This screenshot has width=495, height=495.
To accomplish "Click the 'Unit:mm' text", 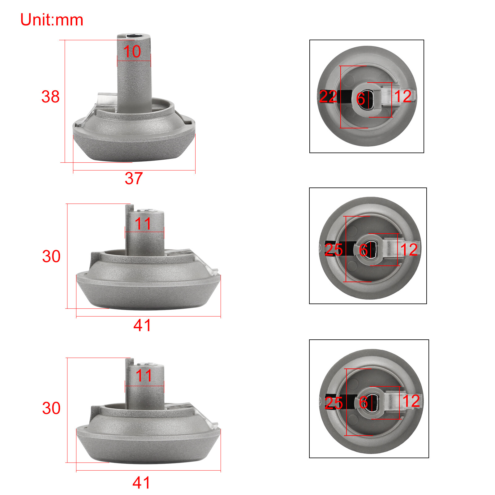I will coord(52,20).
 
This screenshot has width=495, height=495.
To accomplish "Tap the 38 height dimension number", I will coord(50,97).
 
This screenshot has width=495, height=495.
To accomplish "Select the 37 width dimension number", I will coord(134,179).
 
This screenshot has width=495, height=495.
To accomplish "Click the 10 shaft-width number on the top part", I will coord(132,51).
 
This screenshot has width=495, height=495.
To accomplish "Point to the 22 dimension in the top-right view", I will coord(328,97).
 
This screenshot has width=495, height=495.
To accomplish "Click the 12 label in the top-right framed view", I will coord(402,96).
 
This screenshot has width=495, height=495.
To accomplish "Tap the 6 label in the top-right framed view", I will coord(360,99).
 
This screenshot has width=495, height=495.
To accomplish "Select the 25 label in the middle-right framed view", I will coord(334,250).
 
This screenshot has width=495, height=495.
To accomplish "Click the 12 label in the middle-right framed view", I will coord(409,250).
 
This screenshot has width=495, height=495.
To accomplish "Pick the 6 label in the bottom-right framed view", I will coord(363,402).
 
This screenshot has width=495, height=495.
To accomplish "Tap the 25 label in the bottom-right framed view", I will coord(334,403).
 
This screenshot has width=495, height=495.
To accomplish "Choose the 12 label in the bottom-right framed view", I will coord(411,401).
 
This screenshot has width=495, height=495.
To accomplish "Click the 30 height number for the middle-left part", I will coord(51,256).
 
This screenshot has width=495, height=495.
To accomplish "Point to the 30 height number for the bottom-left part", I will coord(51,408).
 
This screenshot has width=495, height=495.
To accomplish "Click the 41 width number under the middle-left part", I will coord(142,325).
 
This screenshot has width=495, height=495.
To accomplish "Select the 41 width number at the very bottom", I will coord(141,483).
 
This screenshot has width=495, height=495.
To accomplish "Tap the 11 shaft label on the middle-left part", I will coord(143,224).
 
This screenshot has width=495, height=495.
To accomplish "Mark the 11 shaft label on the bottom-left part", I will coord(144,376).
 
